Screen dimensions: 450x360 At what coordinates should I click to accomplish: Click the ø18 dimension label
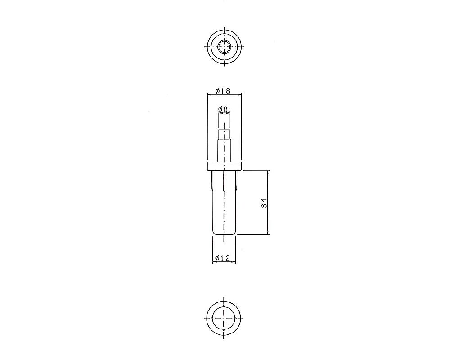coord(223,91)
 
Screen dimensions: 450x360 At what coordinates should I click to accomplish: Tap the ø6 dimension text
coord(223,109)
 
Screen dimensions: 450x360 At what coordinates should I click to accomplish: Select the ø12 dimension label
coord(223,258)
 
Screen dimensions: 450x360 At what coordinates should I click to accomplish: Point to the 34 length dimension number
coord(264,203)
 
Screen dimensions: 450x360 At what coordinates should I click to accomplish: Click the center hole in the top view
coord(224,47)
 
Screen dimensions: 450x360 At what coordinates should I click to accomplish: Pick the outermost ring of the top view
coord(207,47)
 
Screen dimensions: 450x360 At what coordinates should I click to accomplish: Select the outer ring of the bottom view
coord(207,318)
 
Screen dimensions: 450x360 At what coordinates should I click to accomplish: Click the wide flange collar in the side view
coord(224,166)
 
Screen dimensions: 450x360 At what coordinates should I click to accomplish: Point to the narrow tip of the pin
coord(224,135)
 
